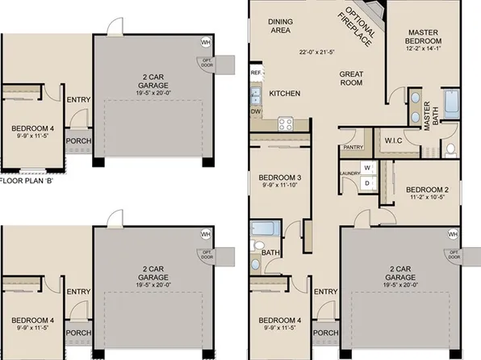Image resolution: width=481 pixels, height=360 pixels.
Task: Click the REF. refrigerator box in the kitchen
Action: point(257,73)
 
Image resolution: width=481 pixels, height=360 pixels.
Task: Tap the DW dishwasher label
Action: point(256,111)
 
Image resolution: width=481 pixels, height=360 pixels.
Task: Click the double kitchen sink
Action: point(256,94)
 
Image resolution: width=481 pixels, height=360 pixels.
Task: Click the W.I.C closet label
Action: point(393,140)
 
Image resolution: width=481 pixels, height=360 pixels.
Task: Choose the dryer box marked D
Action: point(366,183)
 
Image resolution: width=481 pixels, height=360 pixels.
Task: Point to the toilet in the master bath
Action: point(450,149)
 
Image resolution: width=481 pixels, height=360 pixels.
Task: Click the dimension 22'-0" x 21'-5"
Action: point(317,52)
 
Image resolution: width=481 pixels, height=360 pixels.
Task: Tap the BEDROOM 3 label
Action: point(279,178)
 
